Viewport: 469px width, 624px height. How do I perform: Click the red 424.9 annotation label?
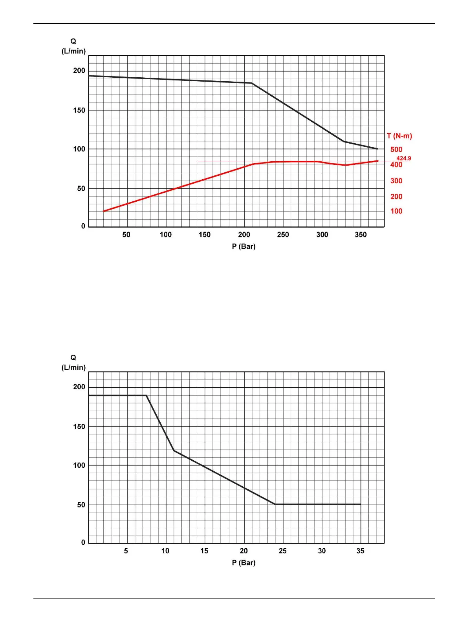pyautogui.click(x=403, y=159)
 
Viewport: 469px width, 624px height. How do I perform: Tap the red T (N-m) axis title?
pyautogui.click(x=399, y=136)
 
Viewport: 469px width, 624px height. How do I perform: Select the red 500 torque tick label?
pyautogui.click(x=396, y=150)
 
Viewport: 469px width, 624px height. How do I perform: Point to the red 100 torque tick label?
pyautogui.click(x=396, y=211)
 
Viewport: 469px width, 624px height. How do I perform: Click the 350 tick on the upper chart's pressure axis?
pyautogui.click(x=361, y=235)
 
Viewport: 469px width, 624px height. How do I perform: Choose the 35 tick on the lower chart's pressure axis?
pyautogui.click(x=360, y=551)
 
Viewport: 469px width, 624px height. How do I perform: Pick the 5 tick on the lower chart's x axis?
pyautogui.click(x=126, y=551)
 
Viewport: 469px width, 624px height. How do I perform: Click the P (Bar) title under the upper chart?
pyautogui.click(x=244, y=246)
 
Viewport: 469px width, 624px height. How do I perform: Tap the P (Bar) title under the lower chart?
pyautogui.click(x=244, y=563)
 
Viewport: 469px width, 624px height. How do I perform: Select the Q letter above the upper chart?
pyautogui.click(x=73, y=41)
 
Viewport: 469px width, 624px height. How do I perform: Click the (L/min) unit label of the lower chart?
pyautogui.click(x=73, y=367)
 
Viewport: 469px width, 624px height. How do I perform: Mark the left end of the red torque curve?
pyautogui.click(x=103, y=211)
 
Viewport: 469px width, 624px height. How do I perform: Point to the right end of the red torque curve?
pyautogui.click(x=378, y=161)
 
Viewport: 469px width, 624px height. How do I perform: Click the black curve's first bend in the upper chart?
pyautogui.click(x=251, y=83)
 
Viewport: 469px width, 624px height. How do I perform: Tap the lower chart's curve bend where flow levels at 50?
pyautogui.click(x=275, y=504)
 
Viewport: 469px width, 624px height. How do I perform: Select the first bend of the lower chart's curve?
pyautogui.click(x=146, y=395)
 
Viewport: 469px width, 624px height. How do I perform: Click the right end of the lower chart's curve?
pyautogui.click(x=360, y=504)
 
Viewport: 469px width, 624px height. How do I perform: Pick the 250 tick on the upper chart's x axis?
pyautogui.click(x=283, y=235)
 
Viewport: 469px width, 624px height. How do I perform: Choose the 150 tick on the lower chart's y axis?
pyautogui.click(x=79, y=427)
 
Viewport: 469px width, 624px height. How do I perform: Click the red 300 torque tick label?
pyautogui.click(x=396, y=181)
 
